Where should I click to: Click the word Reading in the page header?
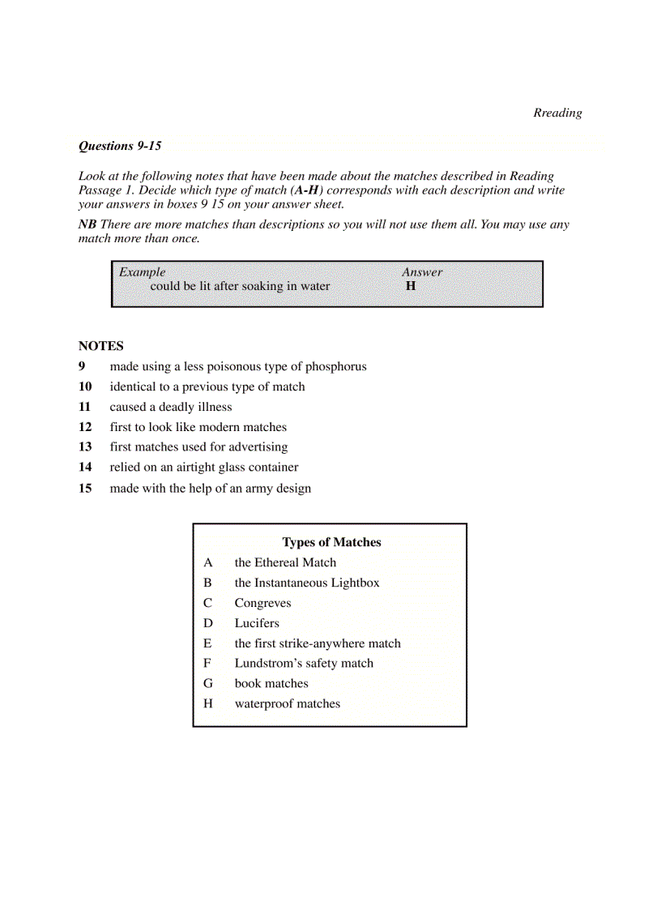557,113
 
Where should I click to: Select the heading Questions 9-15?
120,147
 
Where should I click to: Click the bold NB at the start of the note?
87,224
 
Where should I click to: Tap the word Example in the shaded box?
143,272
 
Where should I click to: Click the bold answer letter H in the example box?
411,286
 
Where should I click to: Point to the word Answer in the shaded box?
422,272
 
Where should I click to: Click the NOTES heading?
101,346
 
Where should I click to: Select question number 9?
82,367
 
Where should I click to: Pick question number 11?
85,408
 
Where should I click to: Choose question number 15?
85,489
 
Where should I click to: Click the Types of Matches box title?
331,543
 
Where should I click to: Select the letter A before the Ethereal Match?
208,563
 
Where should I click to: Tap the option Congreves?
262,604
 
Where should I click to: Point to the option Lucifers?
257,624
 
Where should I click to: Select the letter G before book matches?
208,684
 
